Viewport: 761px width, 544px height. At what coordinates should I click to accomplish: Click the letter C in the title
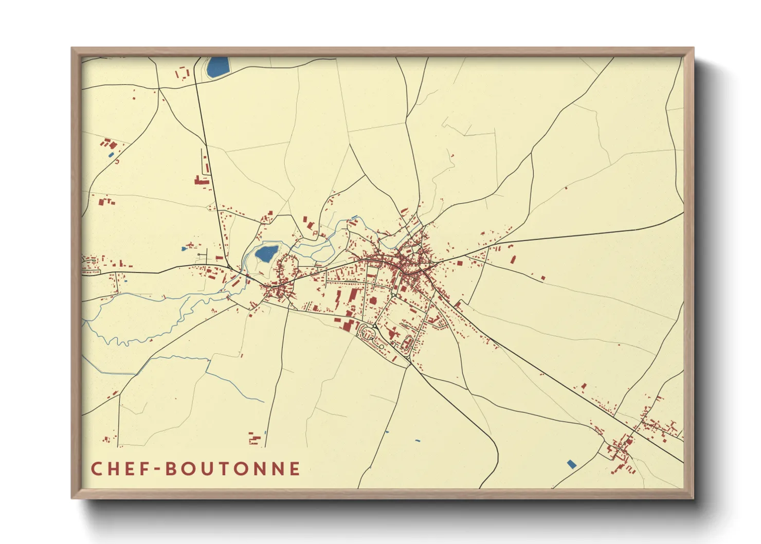tap(96, 469)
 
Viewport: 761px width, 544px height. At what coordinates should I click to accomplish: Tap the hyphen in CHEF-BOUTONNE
tap(157, 469)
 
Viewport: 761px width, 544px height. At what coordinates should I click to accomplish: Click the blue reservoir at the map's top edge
tap(218, 67)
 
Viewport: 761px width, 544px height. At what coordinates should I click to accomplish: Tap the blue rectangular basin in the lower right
tap(571, 464)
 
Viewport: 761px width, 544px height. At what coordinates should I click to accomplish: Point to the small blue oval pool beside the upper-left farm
tap(111, 155)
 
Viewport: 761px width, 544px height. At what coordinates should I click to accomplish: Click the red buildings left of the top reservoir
tap(182, 73)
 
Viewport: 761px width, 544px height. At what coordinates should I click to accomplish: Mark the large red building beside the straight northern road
tap(201, 180)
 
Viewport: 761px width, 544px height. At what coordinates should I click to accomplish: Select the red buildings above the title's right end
tap(255, 438)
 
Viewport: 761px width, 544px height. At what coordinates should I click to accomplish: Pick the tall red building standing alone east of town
tap(513, 259)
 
